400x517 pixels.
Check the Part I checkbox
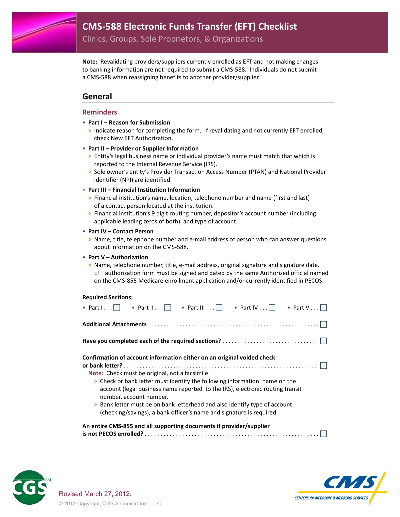[117, 308]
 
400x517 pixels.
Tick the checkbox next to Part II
[168, 308]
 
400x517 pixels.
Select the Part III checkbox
[219, 308]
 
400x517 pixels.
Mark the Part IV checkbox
[272, 308]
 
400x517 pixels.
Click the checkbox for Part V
[323, 308]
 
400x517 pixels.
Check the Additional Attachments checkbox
[323, 324]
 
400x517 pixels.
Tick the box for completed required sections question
[323, 341]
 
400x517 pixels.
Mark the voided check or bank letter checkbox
[323, 366]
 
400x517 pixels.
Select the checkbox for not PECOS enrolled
[323, 434]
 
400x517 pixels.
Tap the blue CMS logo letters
[350, 482]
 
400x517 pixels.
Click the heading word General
[97, 97]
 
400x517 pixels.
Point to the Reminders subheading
[100, 112]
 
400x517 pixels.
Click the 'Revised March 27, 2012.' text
[95, 494]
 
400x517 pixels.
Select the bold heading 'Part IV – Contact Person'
[121, 231]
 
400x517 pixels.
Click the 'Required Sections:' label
[107, 297]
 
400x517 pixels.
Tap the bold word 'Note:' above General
[90, 62]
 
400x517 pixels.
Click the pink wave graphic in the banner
[44, 32]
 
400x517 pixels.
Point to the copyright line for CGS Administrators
[110, 504]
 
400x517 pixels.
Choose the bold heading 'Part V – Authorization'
[118, 257]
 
